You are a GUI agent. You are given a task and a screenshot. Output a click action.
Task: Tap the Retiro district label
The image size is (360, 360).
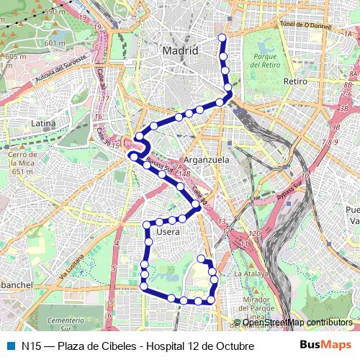point(295,81)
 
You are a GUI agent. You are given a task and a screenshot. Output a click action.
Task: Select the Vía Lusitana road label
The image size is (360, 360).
point(71,267)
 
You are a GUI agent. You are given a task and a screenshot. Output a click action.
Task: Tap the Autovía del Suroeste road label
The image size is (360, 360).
point(60,67)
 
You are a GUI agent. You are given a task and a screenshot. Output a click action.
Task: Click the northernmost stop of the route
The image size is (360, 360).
point(222,37)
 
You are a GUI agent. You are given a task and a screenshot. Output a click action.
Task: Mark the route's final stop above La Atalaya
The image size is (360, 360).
point(201,258)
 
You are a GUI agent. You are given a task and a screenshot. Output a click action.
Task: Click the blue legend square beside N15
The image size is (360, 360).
point(10,346)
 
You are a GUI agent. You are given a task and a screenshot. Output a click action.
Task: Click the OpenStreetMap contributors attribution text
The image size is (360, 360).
point(297,323)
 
